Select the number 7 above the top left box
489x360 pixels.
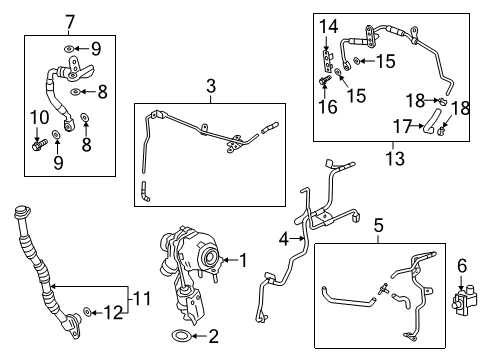[70, 20]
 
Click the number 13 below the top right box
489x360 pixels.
[387, 156]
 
